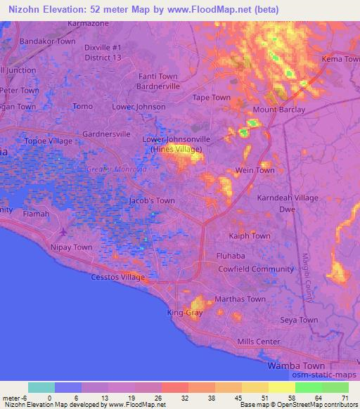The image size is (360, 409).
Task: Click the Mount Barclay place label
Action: (279, 110)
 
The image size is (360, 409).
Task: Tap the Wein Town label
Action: (255, 170)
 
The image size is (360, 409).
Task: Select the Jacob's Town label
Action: (152, 200)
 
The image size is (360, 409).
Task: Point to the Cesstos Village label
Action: (118, 277)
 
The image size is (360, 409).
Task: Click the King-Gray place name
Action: (185, 312)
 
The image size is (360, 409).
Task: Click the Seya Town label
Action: (300, 320)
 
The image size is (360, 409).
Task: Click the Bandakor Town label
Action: (47, 41)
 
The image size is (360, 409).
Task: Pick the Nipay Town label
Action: (71, 247)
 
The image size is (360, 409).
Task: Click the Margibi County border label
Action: (307, 277)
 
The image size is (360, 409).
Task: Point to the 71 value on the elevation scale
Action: (345, 398)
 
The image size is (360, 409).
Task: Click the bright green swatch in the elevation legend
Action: (308, 387)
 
